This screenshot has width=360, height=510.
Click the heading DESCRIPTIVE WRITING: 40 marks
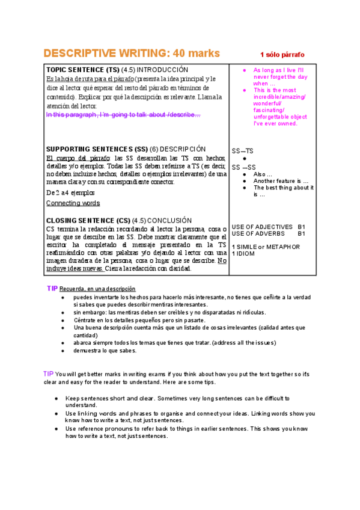click(x=132, y=53)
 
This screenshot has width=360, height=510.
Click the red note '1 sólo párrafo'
click(x=282, y=54)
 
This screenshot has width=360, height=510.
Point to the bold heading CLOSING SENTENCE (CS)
click(x=88, y=221)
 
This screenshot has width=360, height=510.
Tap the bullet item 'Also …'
click(x=263, y=174)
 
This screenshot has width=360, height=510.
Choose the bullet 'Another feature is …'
click(x=281, y=180)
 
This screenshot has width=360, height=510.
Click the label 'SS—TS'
click(x=242, y=150)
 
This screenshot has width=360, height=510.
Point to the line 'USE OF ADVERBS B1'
click(x=268, y=233)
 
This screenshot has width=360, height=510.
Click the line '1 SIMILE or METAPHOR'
click(x=266, y=247)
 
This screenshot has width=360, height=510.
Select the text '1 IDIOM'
click(x=244, y=254)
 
